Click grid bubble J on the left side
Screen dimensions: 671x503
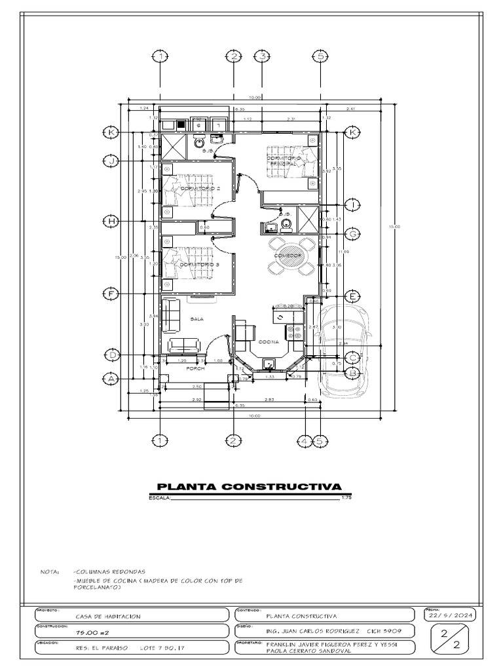click(x=112, y=161)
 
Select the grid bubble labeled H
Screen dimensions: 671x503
click(x=112, y=221)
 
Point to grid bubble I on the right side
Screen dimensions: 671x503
click(x=352, y=204)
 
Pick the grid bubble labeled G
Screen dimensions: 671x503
click(x=352, y=234)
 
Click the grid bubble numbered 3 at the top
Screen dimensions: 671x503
click(x=262, y=57)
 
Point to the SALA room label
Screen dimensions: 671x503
click(x=197, y=319)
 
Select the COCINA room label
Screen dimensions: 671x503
click(x=269, y=342)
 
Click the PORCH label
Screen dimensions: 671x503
click(x=196, y=369)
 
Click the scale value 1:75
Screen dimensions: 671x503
click(x=347, y=499)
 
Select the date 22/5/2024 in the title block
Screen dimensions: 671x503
click(x=452, y=616)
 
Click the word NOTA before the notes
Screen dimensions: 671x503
click(x=50, y=571)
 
